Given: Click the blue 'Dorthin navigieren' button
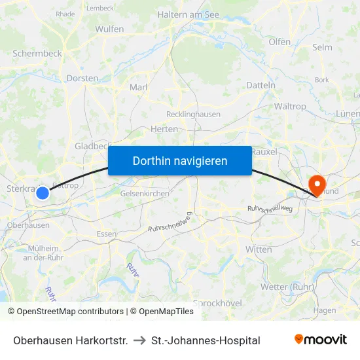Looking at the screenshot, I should (x=180, y=160).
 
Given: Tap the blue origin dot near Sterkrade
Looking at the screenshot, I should (x=43, y=193).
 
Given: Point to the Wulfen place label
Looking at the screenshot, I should (x=109, y=29).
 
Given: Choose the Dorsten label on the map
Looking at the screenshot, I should (x=82, y=79).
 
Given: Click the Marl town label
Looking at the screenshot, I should (x=139, y=87).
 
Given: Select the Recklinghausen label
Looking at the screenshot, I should (x=194, y=114).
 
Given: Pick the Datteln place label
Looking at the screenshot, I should (x=261, y=85).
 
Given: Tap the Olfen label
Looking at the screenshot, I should (x=279, y=42).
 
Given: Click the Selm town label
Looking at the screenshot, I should (x=322, y=47).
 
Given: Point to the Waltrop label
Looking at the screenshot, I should (x=290, y=106).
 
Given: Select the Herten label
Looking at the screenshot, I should (x=164, y=129).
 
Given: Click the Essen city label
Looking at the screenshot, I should (x=106, y=234).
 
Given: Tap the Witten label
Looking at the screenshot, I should (x=259, y=249).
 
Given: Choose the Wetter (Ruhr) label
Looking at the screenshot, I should (x=288, y=287).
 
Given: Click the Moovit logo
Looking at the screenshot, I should (x=321, y=340).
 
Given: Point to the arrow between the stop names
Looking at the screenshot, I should (x=140, y=340).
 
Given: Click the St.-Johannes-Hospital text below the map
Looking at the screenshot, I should (x=206, y=340).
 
